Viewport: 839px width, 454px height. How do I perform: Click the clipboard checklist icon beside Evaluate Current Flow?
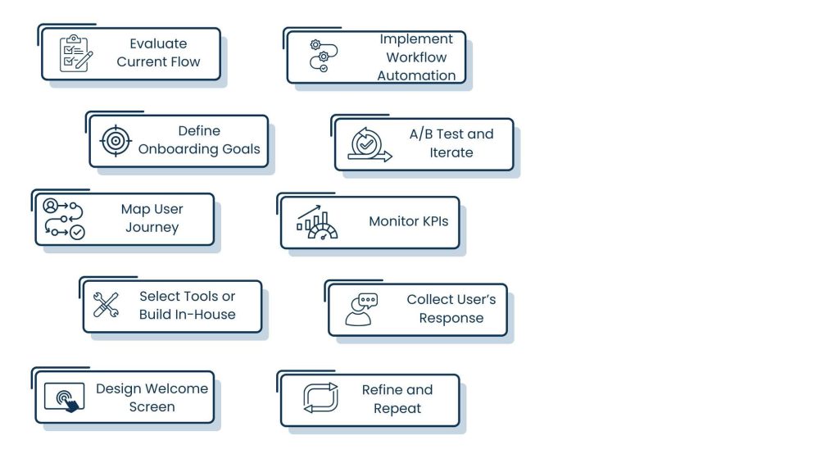pyautogui.click(x=75, y=53)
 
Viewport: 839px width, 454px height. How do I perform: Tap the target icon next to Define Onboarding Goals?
pyautogui.click(x=116, y=141)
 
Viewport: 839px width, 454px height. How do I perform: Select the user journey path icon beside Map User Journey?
pyautogui.click(x=64, y=219)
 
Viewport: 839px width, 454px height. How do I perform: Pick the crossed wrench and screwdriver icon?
pyautogui.click(x=106, y=305)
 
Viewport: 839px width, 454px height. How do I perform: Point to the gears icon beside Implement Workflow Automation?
pyautogui.click(x=320, y=57)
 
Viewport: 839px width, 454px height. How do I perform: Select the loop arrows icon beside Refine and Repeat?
pyautogui.click(x=320, y=397)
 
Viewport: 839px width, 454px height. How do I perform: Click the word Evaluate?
pyautogui.click(x=158, y=43)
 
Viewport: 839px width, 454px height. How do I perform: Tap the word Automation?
pyautogui.click(x=416, y=75)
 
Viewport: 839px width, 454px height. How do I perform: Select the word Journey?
pyautogui.click(x=152, y=227)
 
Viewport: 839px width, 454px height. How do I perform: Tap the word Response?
pyautogui.click(x=451, y=318)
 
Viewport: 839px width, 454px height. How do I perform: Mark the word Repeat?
pyautogui.click(x=397, y=408)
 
